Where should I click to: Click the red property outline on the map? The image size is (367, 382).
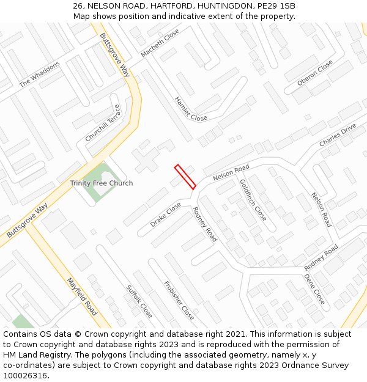tap(185, 177)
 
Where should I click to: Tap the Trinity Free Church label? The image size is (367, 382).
tap(101, 183)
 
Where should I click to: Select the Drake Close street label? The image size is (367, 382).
tap(166, 215)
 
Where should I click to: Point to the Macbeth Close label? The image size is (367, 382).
tap(160, 43)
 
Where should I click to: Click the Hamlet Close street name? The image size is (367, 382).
tap(190, 108)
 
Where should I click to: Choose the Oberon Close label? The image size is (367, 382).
tap(315, 73)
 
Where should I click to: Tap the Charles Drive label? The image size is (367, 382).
tap(337, 135)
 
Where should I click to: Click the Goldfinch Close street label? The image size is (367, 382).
tap(253, 200)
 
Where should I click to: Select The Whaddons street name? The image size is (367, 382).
tap(40, 74)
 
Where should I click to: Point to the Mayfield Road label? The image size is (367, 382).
tap(82, 296)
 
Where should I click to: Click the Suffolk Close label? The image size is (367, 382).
tap(139, 301)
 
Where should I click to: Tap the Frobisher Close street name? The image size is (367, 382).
tap(179, 301)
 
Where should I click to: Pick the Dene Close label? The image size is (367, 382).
tap(314, 288)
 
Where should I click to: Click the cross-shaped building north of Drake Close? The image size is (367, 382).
tap(146, 160)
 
